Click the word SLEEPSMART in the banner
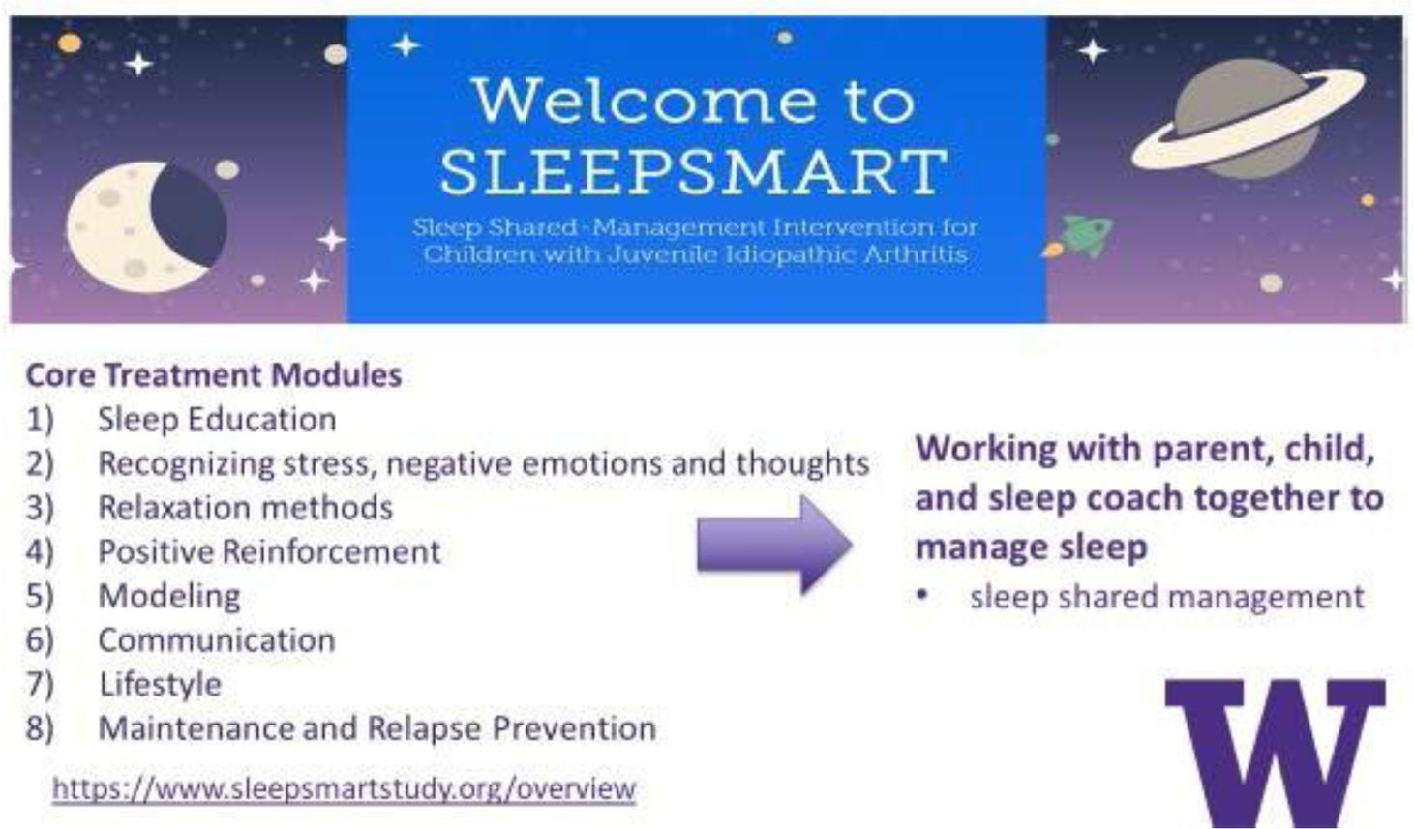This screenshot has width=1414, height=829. pos(694,171)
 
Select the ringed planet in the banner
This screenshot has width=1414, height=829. pos(1248,119)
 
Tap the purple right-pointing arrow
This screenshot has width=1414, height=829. pos(774,546)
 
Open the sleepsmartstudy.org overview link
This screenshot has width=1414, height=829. pos(344,788)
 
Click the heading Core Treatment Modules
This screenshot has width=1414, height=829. pos(214,374)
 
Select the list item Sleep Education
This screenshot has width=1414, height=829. pos(217,420)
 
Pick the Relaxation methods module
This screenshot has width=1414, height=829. pos(246,508)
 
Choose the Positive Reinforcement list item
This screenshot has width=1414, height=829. pos(270,552)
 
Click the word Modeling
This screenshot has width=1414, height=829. pos(169,597)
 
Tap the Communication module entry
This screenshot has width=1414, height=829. pos(217,640)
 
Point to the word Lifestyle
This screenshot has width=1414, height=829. pos(161,685)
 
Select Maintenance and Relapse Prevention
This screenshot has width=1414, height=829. pos(377,728)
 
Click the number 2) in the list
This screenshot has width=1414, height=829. pos(40,464)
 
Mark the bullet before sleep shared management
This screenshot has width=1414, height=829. pos(923,594)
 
